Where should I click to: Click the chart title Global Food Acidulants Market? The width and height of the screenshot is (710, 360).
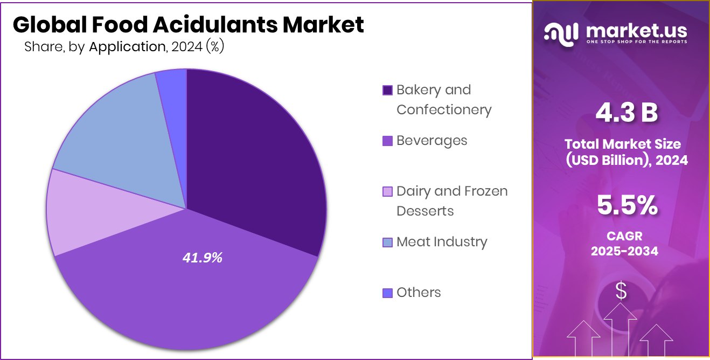[x=188, y=25]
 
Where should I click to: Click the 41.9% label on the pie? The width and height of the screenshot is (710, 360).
[x=203, y=258]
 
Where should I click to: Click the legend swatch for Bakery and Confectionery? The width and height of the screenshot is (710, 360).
[x=387, y=90]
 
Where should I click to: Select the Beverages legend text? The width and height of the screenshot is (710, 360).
[x=431, y=140]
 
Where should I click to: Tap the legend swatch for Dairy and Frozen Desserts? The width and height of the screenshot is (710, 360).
[x=387, y=191]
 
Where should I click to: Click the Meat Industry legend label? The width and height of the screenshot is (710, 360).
[x=441, y=241]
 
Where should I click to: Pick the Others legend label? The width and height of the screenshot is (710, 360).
[x=419, y=292]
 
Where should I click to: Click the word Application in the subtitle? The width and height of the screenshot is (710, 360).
[x=127, y=47]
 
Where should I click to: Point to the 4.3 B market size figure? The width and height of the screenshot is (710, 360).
[x=627, y=114]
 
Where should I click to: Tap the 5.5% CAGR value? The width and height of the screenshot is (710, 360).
[x=627, y=205]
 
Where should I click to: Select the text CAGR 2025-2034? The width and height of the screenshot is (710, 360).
[x=624, y=244]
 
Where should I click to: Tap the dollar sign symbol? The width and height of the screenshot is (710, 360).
[x=621, y=292]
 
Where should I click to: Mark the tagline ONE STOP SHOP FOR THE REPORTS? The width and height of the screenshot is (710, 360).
[x=636, y=42]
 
